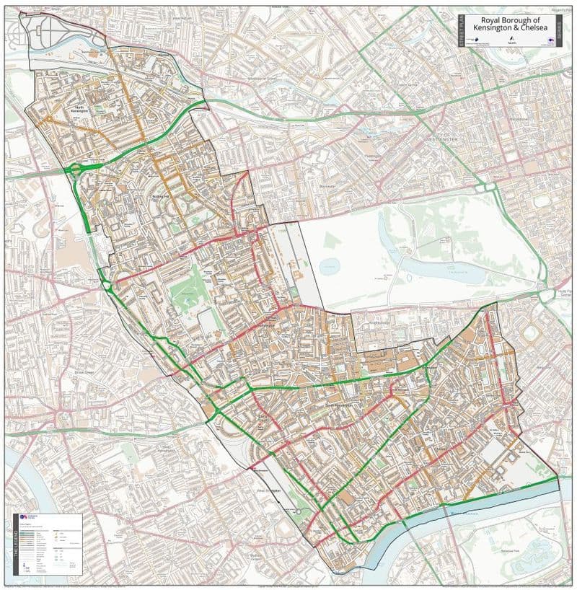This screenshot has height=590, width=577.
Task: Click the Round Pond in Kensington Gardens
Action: pyautogui.click(x=330, y=267)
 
